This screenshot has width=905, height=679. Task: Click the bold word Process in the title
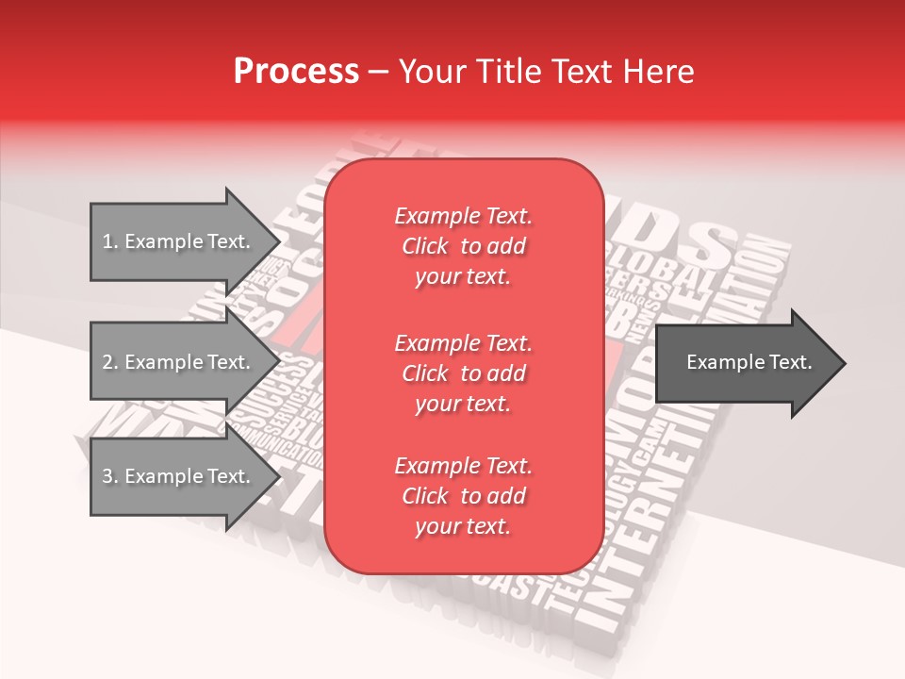296,72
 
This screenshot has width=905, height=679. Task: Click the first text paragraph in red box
463,246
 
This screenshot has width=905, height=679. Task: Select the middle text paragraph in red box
463,373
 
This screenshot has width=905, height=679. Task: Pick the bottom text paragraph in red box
463,496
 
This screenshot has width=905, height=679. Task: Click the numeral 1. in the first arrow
110,241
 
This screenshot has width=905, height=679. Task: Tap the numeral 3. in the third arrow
110,476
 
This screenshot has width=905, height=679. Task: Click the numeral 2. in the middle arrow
110,362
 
